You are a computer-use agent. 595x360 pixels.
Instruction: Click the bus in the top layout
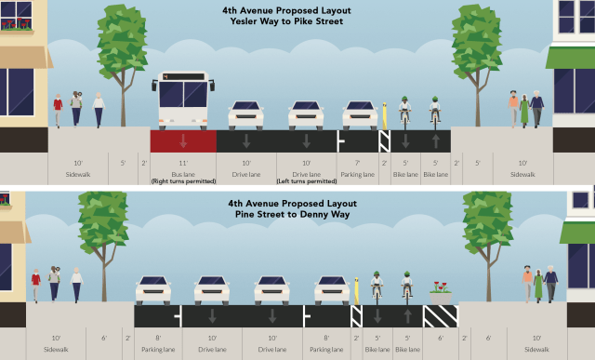coord(183,100)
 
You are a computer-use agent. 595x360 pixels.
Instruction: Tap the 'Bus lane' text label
coord(183,174)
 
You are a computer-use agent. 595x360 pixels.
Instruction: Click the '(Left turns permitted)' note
coord(306,180)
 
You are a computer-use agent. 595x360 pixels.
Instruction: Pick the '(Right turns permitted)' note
coord(183,180)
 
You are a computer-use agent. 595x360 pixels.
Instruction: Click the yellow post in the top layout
coord(384,114)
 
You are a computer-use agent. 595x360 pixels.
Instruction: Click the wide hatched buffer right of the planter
coord(441,315)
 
